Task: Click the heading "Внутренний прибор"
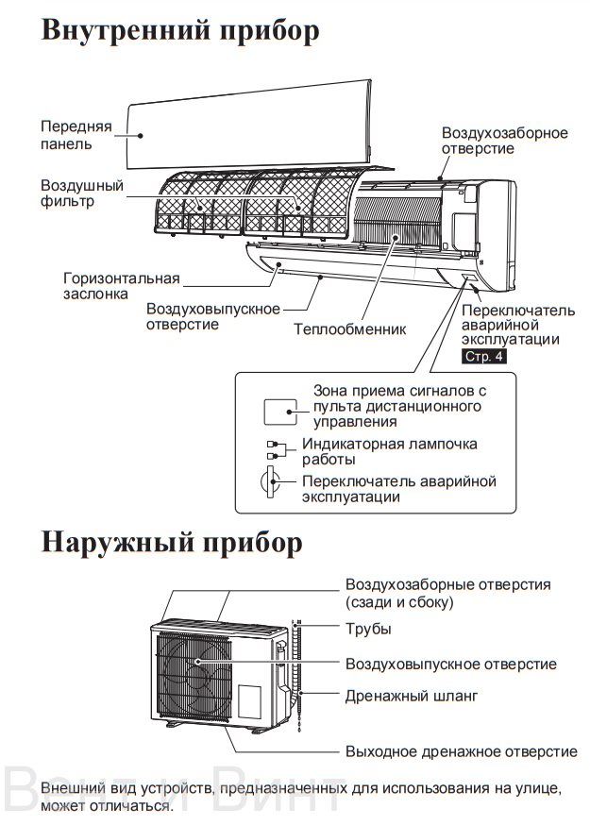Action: point(180,29)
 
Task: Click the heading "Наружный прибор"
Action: point(172,544)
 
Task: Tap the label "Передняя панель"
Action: point(76,134)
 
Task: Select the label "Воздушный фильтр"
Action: point(81,194)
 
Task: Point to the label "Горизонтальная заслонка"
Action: point(121,285)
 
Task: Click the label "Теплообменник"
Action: point(349,329)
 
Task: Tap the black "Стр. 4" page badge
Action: point(484,357)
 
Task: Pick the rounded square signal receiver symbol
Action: point(281,412)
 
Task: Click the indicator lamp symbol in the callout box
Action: point(274,449)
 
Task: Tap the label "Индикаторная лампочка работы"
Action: point(389,451)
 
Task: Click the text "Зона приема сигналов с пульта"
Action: point(397,397)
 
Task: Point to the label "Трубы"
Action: point(368,629)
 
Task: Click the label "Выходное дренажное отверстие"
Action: point(461,751)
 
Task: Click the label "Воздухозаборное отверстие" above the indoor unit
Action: point(504,141)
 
